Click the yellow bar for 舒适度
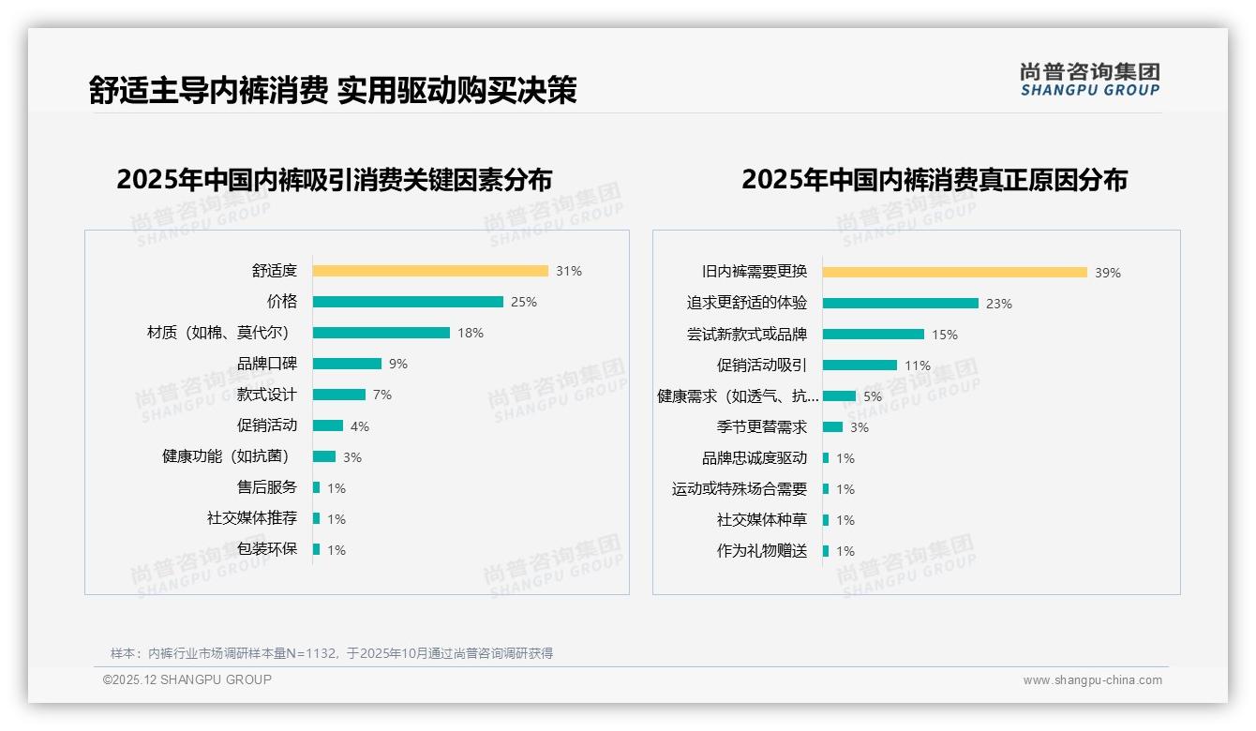tap(430, 271)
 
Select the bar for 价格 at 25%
tap(408, 302)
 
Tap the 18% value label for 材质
tap(471, 333)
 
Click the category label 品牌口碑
tap(267, 364)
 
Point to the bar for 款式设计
tap(339, 395)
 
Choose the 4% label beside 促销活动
tap(360, 426)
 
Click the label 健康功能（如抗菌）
tap(226, 456)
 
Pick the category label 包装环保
tap(267, 549)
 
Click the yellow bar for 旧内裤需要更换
tap(955, 273)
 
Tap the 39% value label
tap(1108, 273)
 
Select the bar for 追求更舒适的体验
tap(901, 304)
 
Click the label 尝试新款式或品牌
tap(747, 335)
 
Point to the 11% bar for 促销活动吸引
tap(860, 365)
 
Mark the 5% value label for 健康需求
tap(873, 396)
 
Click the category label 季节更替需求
tap(762, 427)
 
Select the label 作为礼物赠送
tap(762, 551)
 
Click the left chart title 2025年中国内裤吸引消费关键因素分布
tap(335, 179)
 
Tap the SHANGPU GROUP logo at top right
tap(1090, 80)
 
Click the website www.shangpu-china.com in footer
tap(1092, 680)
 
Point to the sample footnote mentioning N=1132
tap(332, 653)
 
